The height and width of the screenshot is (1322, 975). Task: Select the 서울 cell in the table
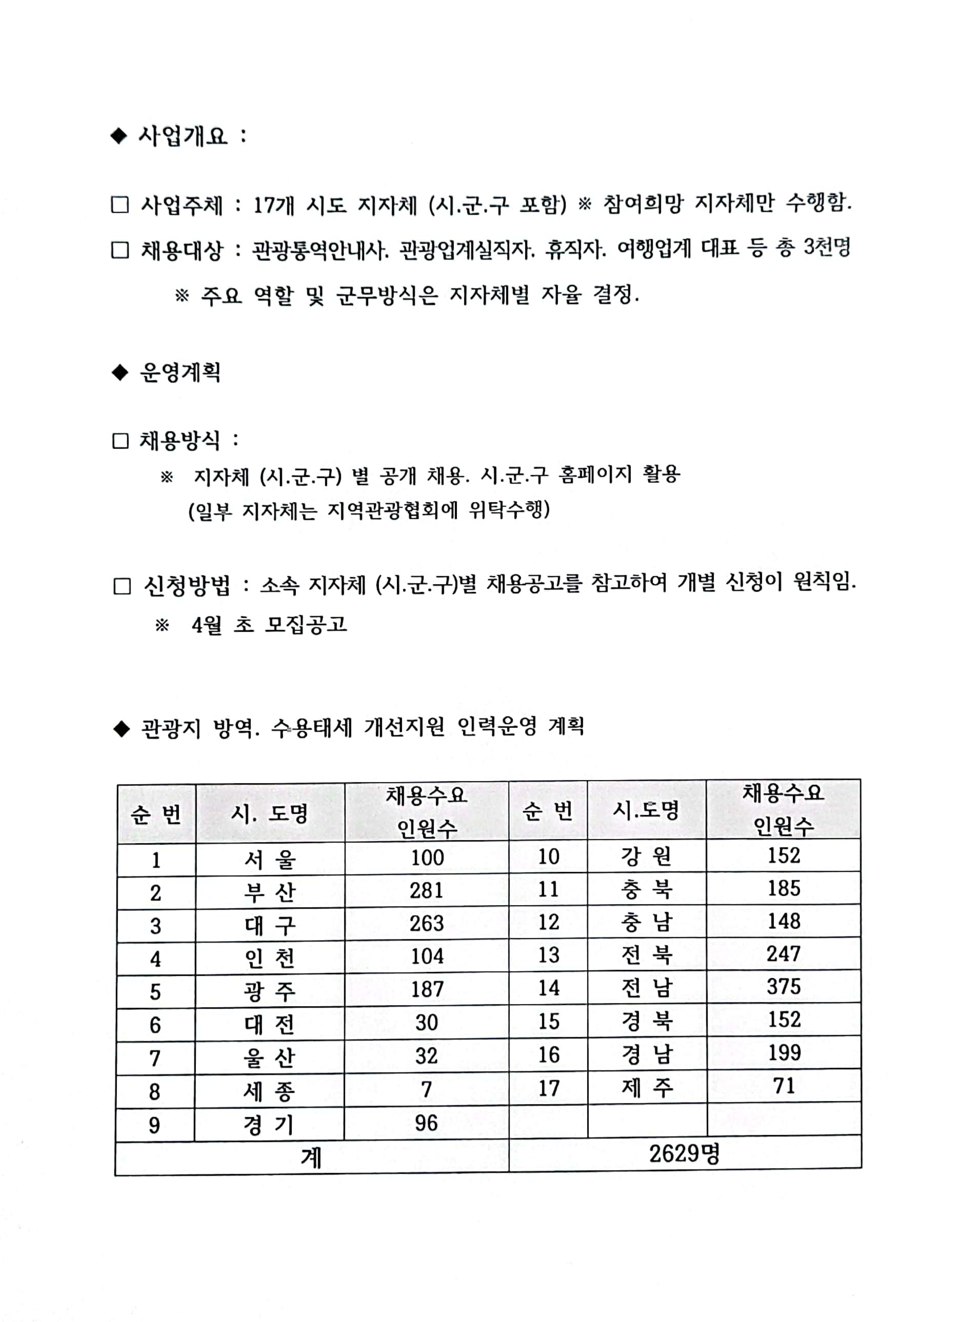270,859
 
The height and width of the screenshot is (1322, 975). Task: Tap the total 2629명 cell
684,1153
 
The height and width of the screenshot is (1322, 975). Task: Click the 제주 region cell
647,1087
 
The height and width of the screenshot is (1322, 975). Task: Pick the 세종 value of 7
426,1089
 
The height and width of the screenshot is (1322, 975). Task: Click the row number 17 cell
548,1087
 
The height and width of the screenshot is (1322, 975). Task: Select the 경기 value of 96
426,1123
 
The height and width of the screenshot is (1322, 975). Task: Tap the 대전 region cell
270,1024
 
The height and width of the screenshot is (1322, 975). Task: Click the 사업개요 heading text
183,136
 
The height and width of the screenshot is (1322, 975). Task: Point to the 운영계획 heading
180,372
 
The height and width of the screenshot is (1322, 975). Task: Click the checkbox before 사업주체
120,205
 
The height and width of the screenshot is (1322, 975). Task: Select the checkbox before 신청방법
122,586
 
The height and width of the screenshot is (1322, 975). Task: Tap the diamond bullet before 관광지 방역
121,729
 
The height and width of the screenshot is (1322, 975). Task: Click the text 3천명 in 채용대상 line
827,247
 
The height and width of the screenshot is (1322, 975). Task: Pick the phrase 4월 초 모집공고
269,624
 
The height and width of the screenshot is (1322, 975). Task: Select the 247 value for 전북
783,953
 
